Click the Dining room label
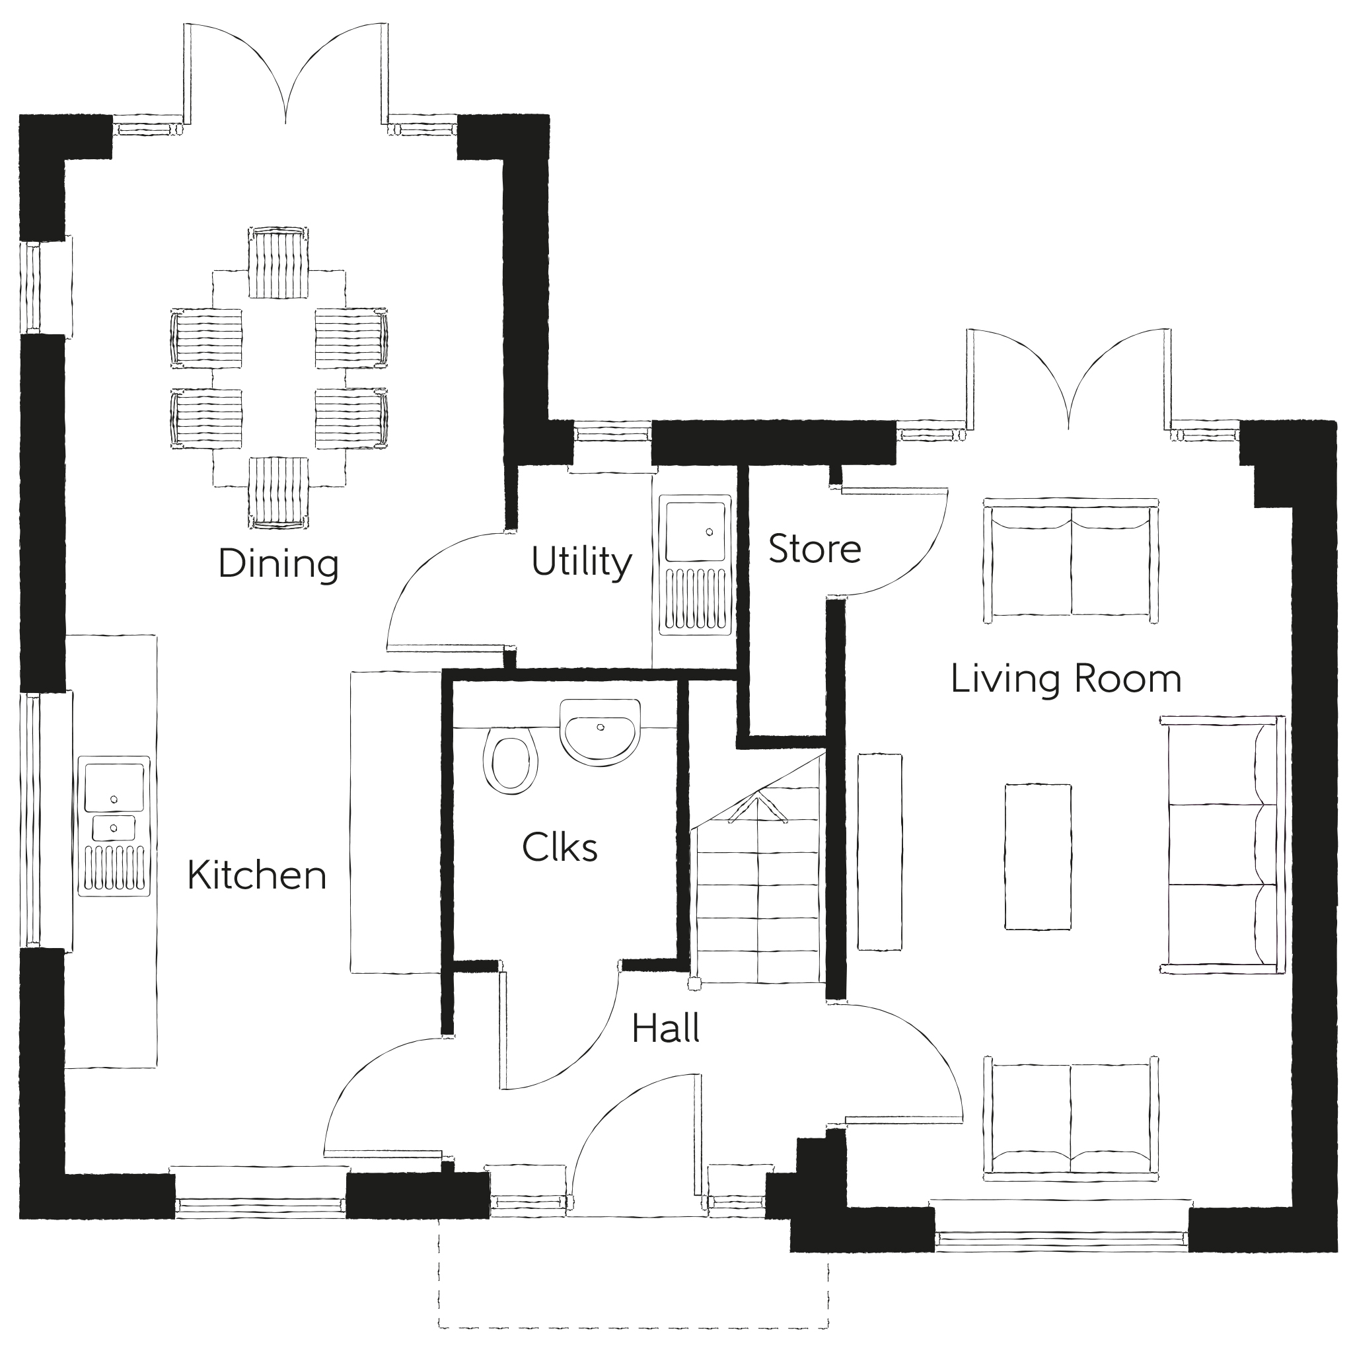[x=278, y=564]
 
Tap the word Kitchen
[x=257, y=875]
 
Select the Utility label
[x=581, y=562]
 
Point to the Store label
[x=815, y=549]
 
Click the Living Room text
[x=1066, y=678]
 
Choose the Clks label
[x=560, y=848]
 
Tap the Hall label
[x=665, y=1029]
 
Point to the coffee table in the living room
[x=1038, y=856]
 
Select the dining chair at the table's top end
[x=279, y=264]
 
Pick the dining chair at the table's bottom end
[x=279, y=492]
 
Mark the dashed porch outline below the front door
[x=633, y=1327]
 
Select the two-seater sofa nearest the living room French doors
[x=1070, y=558]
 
